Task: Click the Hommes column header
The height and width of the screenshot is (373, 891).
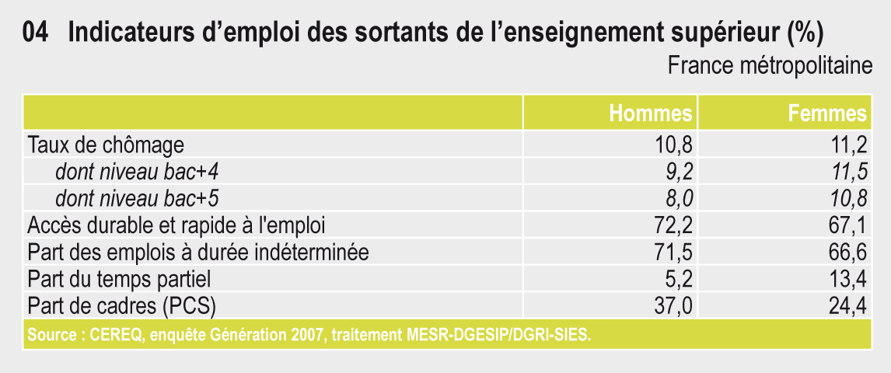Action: point(651,113)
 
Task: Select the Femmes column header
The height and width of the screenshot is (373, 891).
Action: point(828,113)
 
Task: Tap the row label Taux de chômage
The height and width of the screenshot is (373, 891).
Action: point(106,145)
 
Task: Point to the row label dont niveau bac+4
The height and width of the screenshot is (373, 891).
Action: point(137,172)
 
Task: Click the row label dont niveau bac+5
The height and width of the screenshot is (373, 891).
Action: point(137,199)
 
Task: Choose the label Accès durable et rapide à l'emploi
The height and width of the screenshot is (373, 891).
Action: point(176,226)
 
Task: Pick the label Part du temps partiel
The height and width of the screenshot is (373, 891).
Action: point(119,280)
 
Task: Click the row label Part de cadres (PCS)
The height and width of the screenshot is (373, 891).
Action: point(121,307)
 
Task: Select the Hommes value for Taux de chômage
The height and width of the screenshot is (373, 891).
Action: point(674,146)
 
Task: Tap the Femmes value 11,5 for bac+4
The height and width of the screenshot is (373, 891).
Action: point(849,173)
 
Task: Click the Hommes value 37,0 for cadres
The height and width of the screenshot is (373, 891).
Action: point(674,307)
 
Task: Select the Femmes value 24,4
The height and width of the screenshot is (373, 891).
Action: point(849,307)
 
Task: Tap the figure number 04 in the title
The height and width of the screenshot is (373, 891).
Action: point(35,34)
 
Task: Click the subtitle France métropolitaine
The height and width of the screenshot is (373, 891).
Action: point(770,66)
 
